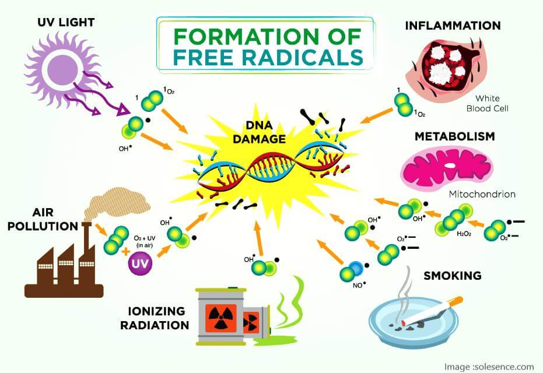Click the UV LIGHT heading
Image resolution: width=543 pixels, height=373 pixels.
point(66,23)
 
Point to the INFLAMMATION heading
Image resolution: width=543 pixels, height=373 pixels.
point(453,25)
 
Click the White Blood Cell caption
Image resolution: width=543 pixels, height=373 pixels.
point(487,104)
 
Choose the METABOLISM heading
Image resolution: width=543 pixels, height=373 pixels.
point(455,136)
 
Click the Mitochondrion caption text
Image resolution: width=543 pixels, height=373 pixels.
point(482,194)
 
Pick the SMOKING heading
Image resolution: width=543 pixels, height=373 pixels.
point(453,276)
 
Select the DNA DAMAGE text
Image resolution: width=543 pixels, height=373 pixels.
point(259,132)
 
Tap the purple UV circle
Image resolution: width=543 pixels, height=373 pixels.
point(140,264)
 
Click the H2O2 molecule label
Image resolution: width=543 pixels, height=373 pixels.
point(464,234)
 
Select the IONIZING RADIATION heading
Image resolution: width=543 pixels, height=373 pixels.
point(155,318)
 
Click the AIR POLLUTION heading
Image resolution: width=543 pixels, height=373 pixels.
point(43,219)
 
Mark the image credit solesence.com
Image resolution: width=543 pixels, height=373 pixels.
point(489,367)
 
